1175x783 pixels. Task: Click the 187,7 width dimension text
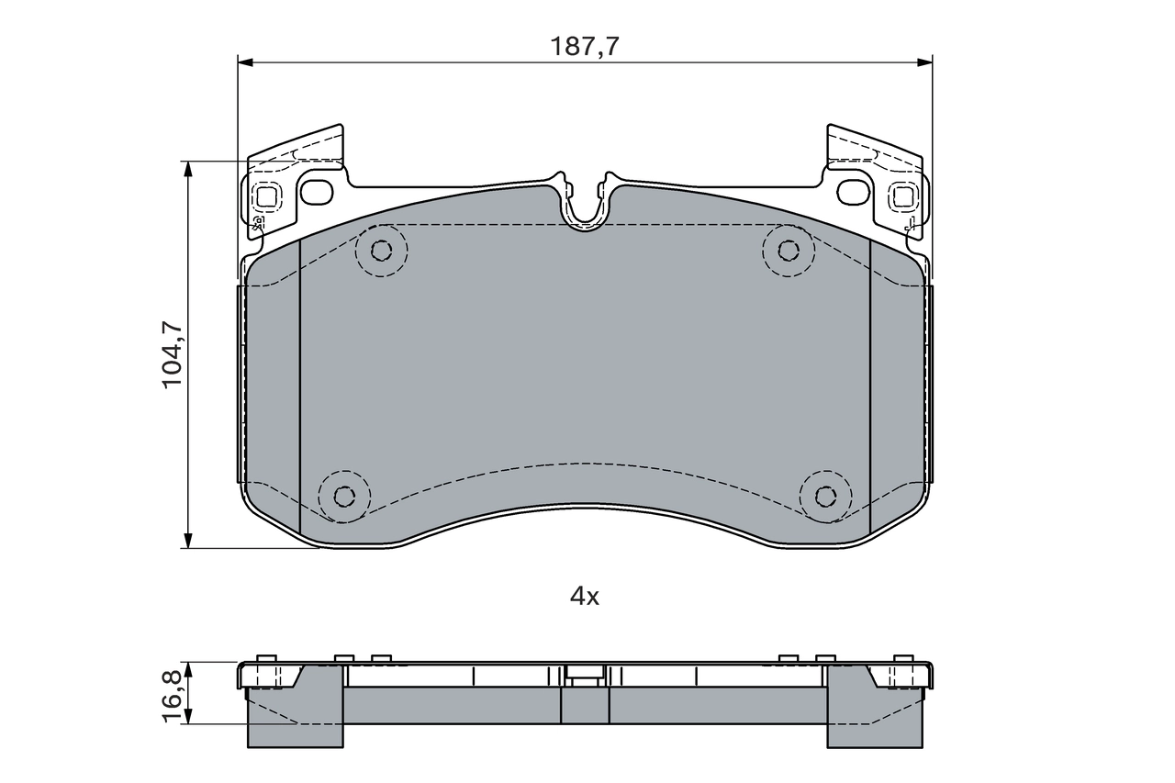tap(584, 47)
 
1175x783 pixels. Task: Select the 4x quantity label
tap(584, 597)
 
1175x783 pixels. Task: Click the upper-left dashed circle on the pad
tap(382, 250)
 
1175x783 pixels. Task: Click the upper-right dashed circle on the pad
tap(788, 250)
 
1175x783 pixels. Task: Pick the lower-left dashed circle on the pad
tap(344, 496)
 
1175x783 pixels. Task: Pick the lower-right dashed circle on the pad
tap(825, 496)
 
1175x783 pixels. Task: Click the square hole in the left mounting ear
tap(267, 196)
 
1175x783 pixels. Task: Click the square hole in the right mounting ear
tap(902, 196)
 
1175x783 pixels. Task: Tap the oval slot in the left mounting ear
tap(318, 193)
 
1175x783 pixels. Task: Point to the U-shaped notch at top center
tap(585, 207)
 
